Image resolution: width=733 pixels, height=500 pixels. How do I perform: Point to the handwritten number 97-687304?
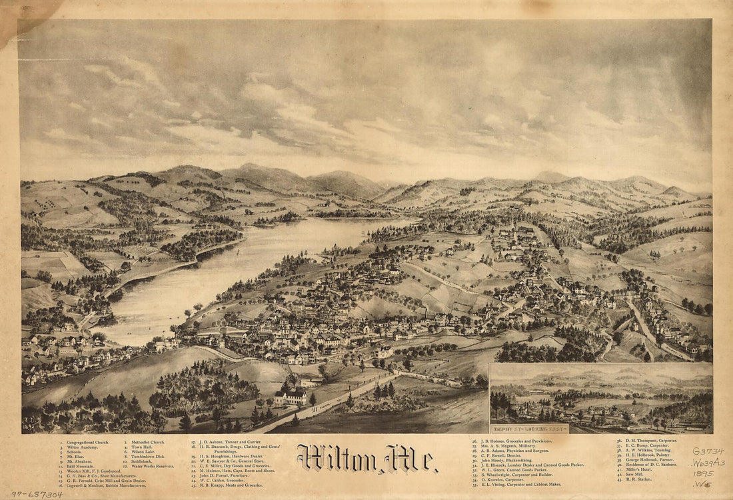pyautogui.click(x=36, y=494)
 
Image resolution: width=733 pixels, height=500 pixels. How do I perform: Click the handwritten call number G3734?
pyautogui.click(x=708, y=451)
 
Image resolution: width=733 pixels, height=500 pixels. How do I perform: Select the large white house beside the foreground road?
pyautogui.click(x=291, y=398)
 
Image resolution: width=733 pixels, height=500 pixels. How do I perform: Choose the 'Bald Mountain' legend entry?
pyautogui.click(x=80, y=466)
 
